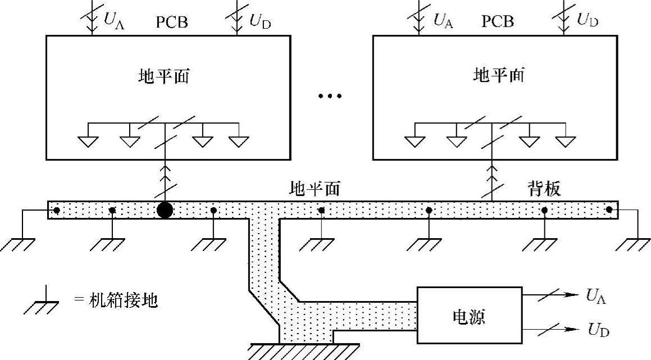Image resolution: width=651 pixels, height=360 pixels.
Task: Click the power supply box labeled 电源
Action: [470, 315]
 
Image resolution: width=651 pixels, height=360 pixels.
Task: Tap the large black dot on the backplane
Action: [165, 210]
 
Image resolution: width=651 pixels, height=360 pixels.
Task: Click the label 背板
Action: [544, 189]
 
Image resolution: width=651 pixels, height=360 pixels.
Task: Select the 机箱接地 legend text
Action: [124, 300]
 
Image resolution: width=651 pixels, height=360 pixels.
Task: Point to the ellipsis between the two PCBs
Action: [330, 97]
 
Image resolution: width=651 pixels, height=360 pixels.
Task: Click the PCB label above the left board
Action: [172, 22]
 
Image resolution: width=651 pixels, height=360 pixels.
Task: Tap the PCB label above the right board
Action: [498, 21]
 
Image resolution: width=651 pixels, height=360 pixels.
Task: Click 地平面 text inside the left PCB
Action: [163, 76]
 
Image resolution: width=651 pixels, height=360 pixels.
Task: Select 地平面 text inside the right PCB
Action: [499, 75]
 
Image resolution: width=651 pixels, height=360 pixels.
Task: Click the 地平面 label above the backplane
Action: [315, 189]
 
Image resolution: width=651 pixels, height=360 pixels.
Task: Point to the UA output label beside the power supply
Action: [596, 295]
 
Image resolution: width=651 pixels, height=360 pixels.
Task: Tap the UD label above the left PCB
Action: [260, 21]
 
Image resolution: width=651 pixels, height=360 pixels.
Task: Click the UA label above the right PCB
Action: [443, 20]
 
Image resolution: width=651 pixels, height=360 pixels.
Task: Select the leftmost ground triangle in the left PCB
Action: [88, 141]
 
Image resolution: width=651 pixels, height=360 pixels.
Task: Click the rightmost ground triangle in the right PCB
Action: [566, 141]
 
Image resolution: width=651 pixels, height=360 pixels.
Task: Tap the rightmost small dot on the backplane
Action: [609, 209]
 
